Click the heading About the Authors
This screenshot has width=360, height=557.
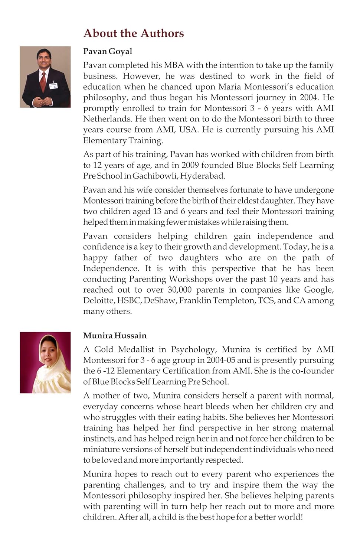point(134,33)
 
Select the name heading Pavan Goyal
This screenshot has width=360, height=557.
point(108,51)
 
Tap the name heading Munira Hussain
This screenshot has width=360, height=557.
point(115,336)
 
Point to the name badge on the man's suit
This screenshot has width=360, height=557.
point(54,86)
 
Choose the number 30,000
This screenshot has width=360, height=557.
point(180,290)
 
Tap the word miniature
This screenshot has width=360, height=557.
point(102,449)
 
